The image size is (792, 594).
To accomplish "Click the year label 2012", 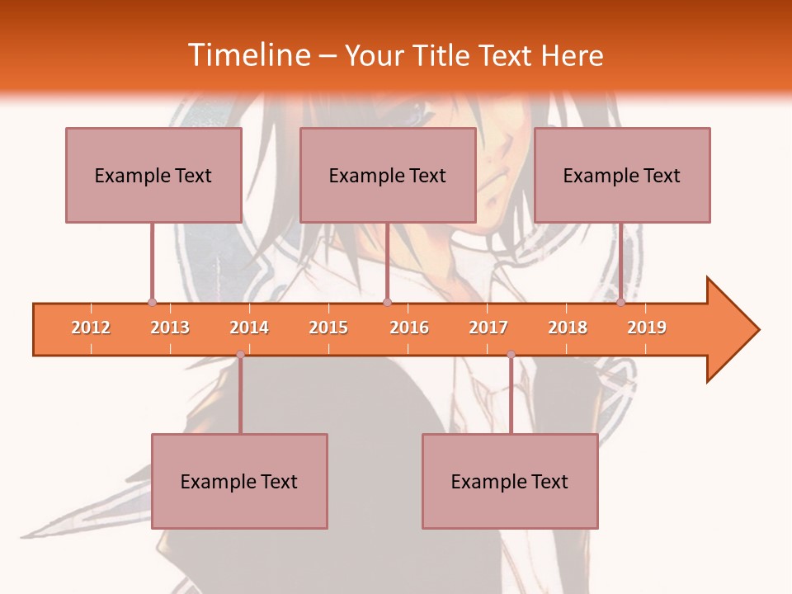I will pyautogui.click(x=91, y=328).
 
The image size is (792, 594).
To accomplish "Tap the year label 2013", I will pyautogui.click(x=170, y=328).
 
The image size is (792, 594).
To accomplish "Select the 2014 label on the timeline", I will pyautogui.click(x=249, y=328).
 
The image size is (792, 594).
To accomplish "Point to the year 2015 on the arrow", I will pyautogui.click(x=328, y=328).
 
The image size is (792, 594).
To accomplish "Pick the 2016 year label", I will pyautogui.click(x=409, y=328).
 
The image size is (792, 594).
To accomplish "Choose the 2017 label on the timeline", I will pyautogui.click(x=488, y=328).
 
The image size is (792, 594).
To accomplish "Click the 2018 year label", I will pyautogui.click(x=568, y=328).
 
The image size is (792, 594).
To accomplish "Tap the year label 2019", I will pyautogui.click(x=647, y=328).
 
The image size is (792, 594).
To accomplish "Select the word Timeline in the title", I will pyautogui.click(x=248, y=55).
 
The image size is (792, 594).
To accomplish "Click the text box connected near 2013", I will pyautogui.click(x=153, y=175).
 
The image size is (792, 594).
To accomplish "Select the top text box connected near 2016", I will pyautogui.click(x=388, y=175).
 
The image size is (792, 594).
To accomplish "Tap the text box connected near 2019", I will pyautogui.click(x=622, y=175).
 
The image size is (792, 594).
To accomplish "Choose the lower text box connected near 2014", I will pyautogui.click(x=239, y=481).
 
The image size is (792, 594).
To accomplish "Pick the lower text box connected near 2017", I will pyautogui.click(x=510, y=481).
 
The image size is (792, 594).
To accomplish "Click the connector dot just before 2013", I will pyautogui.click(x=152, y=303).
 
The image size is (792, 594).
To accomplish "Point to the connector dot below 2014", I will pyautogui.click(x=240, y=355).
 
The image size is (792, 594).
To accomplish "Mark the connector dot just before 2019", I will pyautogui.click(x=620, y=303).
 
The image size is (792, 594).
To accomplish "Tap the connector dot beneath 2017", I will pyautogui.click(x=511, y=355).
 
